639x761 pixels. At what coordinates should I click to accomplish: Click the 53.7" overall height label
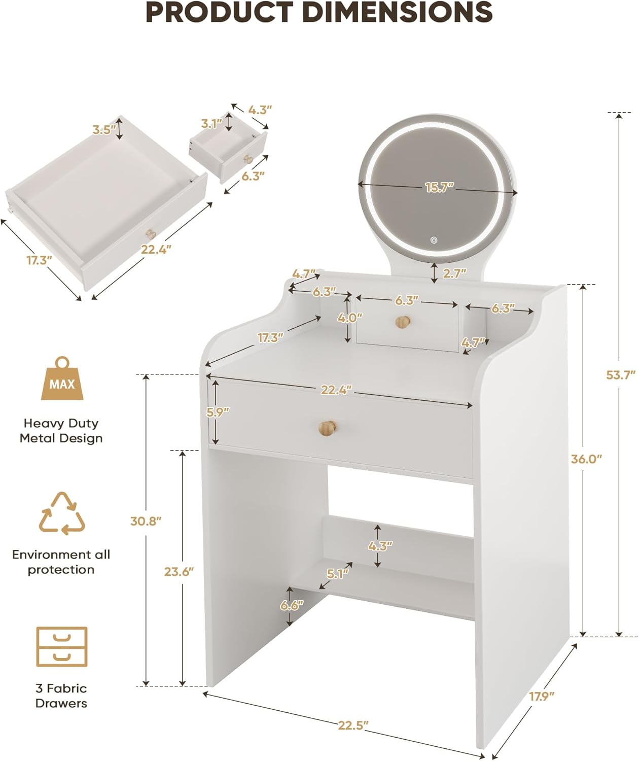tap(621, 375)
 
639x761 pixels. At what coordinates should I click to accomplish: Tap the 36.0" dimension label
tap(587, 459)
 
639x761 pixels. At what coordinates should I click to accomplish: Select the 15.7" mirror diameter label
tap(440, 187)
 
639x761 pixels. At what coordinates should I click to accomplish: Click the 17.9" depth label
tap(541, 696)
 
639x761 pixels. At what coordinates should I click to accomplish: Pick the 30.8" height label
tap(146, 521)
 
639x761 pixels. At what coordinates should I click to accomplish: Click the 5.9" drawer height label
tap(218, 412)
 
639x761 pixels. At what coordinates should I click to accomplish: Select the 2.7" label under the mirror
tap(454, 273)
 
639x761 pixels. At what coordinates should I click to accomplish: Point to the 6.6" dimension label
tap(292, 605)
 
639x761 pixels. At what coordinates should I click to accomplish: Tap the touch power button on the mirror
tap(434, 240)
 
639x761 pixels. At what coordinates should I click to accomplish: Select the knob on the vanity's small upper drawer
tap(403, 322)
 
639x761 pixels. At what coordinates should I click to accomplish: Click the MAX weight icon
tap(62, 378)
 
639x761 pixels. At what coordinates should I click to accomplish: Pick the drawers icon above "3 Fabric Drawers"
tap(62, 647)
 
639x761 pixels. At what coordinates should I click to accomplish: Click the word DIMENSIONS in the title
tap(398, 12)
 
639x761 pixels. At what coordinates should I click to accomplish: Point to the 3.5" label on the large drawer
tap(104, 129)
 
